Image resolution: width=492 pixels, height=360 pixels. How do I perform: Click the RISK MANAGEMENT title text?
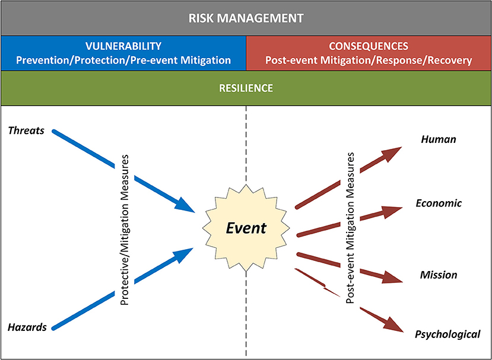(246, 18)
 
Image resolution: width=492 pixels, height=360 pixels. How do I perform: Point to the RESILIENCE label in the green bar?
(246, 88)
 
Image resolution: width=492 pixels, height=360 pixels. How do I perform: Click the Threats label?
(27, 130)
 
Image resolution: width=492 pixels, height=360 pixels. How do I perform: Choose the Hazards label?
(27, 327)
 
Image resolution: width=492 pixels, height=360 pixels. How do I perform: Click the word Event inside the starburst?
(246, 228)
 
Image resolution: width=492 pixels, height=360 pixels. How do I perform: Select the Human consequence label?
(438, 139)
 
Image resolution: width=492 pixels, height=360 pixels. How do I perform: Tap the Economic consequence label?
(439, 203)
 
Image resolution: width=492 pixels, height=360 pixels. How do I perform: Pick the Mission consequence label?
(439, 275)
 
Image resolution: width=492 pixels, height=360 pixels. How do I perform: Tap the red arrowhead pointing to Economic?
(392, 211)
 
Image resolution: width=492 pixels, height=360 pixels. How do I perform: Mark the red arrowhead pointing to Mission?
(392, 276)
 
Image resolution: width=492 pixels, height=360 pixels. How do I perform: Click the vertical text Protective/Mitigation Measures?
(125, 228)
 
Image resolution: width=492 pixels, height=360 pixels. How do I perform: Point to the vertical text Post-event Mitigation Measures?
(350, 228)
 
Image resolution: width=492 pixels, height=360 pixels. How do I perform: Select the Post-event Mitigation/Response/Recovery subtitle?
(369, 60)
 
